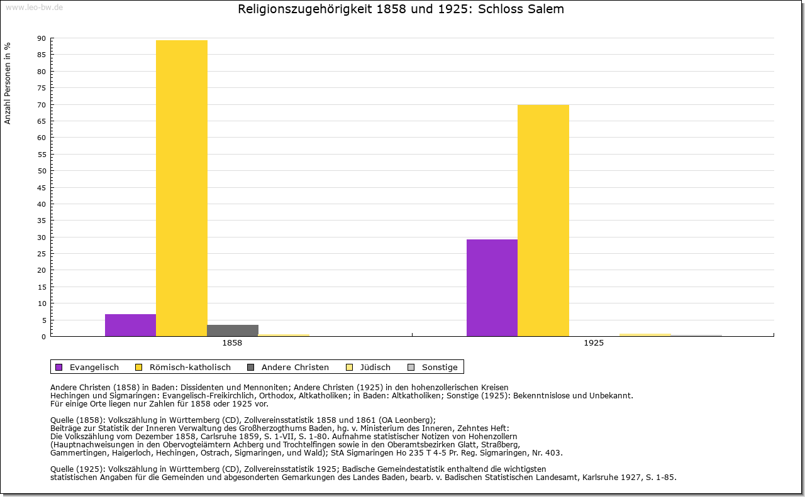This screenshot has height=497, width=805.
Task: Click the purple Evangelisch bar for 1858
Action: click(x=130, y=325)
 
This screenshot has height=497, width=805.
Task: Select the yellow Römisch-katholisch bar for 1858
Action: click(x=182, y=188)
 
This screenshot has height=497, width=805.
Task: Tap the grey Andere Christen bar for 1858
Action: click(x=233, y=330)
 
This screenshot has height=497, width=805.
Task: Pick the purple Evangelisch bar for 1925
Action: click(x=492, y=287)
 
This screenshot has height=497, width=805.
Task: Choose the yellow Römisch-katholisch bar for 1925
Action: click(x=543, y=220)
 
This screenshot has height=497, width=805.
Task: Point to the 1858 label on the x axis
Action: click(x=232, y=344)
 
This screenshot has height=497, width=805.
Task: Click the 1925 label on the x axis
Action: click(x=594, y=344)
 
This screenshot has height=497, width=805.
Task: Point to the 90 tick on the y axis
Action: click(x=42, y=38)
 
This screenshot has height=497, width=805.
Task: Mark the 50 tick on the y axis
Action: click(x=42, y=171)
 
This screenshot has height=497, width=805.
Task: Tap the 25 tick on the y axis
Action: click(x=42, y=254)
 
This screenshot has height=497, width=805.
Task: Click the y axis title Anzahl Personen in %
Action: click(x=8, y=83)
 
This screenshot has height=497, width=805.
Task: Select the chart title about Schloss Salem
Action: click(x=401, y=9)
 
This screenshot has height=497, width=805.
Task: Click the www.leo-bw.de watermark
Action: click(x=33, y=6)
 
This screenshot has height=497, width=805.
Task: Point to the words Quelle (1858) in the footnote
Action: click(x=77, y=420)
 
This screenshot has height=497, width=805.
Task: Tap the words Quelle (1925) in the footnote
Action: click(x=77, y=469)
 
